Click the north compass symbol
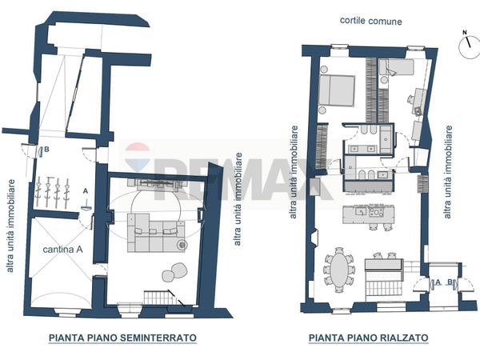[x=470, y=46]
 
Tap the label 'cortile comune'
[x=370, y=21]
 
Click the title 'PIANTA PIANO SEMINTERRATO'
[x=122, y=338]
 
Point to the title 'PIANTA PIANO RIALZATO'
[x=368, y=338]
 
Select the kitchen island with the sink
[x=366, y=214]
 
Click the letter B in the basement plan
[x=47, y=150]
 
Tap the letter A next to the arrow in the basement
[x=85, y=191]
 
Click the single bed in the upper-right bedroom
[x=397, y=67]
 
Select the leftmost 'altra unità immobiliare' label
[x=10, y=225]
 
